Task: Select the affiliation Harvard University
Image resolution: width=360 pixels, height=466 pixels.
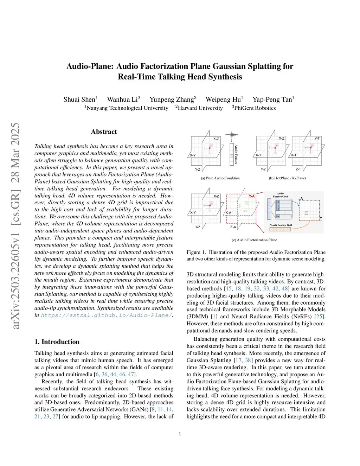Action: (x=200, y=108)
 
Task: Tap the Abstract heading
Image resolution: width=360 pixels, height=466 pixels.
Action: (x=104, y=132)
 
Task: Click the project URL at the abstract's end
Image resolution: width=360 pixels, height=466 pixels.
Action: (x=106, y=315)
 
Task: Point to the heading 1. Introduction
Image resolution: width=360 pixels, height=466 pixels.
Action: (x=57, y=342)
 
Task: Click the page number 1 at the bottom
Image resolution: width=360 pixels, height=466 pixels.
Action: (x=180, y=434)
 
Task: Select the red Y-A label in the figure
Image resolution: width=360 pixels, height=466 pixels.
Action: (x=252, y=196)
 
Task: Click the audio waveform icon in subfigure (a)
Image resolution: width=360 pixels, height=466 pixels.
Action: (x=232, y=134)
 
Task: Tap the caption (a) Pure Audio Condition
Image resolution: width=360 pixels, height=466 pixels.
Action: (x=220, y=178)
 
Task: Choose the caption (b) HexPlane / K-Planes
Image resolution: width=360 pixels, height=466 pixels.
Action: (x=288, y=178)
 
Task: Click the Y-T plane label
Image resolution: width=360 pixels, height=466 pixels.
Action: (x=317, y=138)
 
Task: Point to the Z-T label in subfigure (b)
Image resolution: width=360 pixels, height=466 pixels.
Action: (x=298, y=169)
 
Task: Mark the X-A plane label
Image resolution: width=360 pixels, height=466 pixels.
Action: (x=228, y=212)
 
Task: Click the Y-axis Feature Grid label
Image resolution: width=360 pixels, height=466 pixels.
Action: (x=281, y=225)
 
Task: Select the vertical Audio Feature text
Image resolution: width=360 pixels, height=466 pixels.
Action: (x=236, y=154)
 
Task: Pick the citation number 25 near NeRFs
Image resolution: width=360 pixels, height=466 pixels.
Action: (x=319, y=317)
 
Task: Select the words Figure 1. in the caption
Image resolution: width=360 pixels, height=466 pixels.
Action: (x=196, y=252)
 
